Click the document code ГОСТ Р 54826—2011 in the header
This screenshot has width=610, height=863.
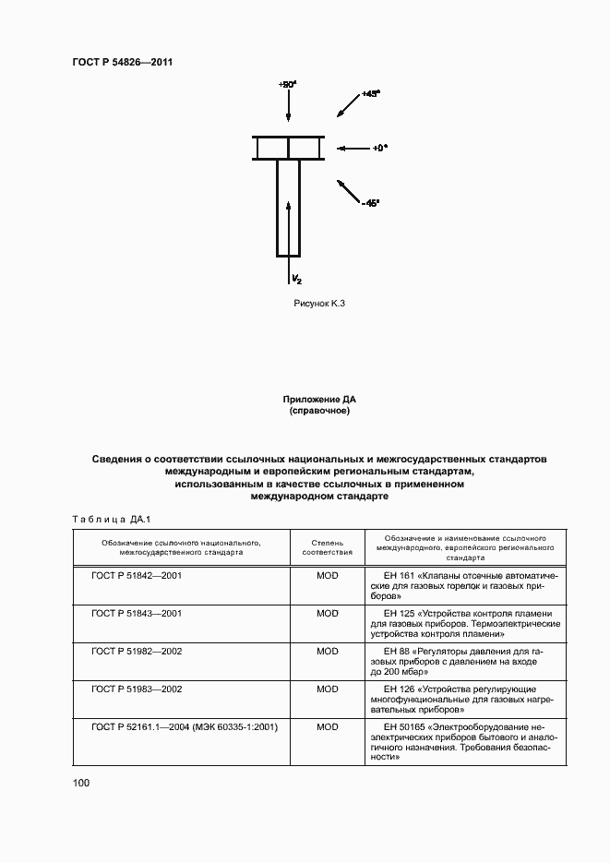click(123, 63)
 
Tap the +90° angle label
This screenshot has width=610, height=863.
click(286, 84)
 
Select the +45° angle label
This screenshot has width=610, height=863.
click(371, 94)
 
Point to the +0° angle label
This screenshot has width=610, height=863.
click(379, 148)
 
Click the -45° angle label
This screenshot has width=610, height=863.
click(370, 203)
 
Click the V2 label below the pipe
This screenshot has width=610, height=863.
click(296, 278)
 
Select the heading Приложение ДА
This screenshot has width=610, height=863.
click(319, 399)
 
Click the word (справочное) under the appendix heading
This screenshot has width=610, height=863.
click(319, 410)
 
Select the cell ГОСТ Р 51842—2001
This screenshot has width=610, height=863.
click(137, 574)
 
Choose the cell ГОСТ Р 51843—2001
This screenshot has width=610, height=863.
click(137, 613)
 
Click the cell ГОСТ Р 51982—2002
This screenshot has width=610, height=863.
click(137, 651)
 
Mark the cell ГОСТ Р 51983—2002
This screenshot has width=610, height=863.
click(137, 689)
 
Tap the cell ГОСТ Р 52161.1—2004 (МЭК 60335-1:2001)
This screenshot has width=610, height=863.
click(185, 726)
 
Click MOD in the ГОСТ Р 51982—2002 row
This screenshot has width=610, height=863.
click(328, 651)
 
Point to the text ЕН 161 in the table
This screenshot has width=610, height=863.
click(394, 574)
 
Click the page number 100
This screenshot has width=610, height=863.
click(81, 783)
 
